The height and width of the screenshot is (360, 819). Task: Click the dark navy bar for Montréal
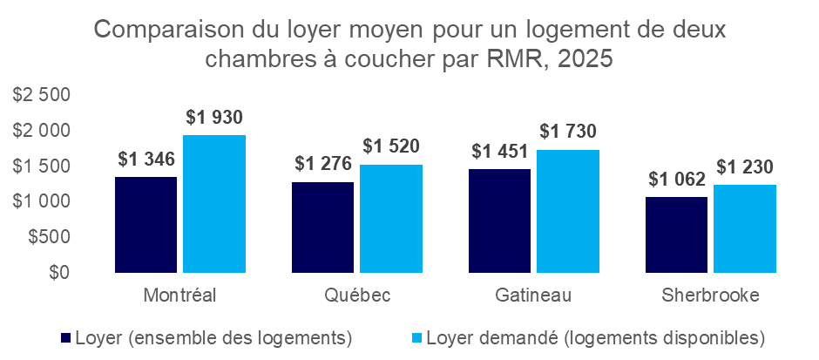point(146,225)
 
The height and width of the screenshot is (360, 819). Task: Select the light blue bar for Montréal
point(213,204)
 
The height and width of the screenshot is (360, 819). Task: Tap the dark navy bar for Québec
point(322,228)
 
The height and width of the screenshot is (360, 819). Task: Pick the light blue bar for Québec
point(391,219)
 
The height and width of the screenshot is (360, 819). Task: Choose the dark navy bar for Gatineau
point(499,221)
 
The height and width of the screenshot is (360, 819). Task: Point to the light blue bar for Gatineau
point(568,211)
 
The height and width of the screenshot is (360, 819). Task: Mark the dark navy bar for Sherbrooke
point(676,235)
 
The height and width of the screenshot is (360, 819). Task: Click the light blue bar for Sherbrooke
point(745,228)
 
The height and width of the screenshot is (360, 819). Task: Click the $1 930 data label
point(213,117)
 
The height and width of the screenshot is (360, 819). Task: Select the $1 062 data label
point(677,180)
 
